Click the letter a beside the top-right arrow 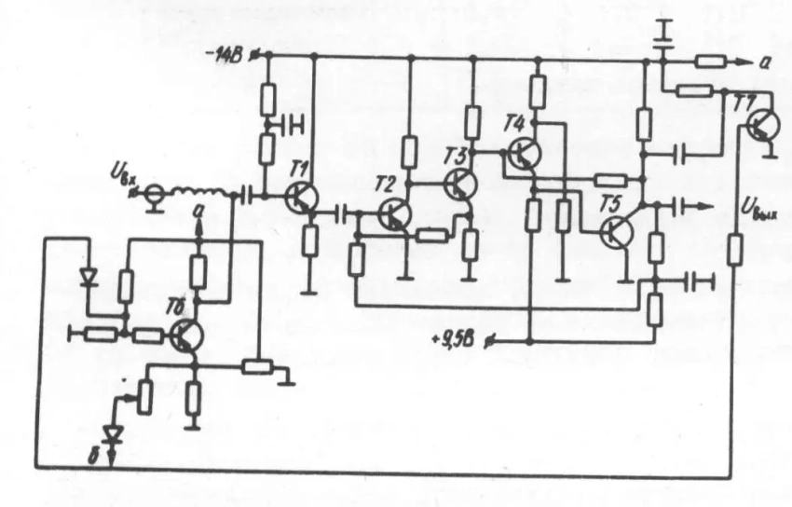tap(764, 61)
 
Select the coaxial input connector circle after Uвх tap(156, 196)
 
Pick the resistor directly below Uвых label tap(735, 250)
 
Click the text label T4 tap(513, 121)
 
